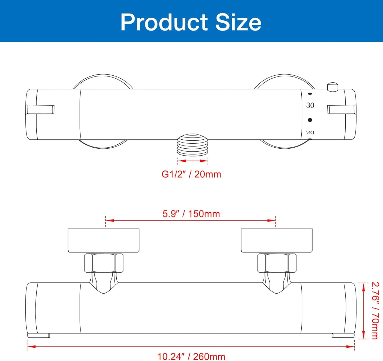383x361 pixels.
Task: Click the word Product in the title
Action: [x=164, y=22]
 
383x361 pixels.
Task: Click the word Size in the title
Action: [x=238, y=22]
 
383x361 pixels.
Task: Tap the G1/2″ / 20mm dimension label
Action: [x=191, y=174]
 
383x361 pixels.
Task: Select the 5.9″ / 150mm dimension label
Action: [x=191, y=214]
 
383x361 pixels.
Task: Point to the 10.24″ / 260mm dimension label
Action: [x=191, y=356]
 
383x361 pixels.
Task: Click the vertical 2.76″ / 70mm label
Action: [x=375, y=310]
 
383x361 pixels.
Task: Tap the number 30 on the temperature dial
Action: [x=310, y=105]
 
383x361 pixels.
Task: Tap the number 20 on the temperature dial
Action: [x=310, y=132]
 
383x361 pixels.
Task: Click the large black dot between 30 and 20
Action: [x=310, y=120]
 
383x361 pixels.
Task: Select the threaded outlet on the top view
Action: [x=193, y=145]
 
